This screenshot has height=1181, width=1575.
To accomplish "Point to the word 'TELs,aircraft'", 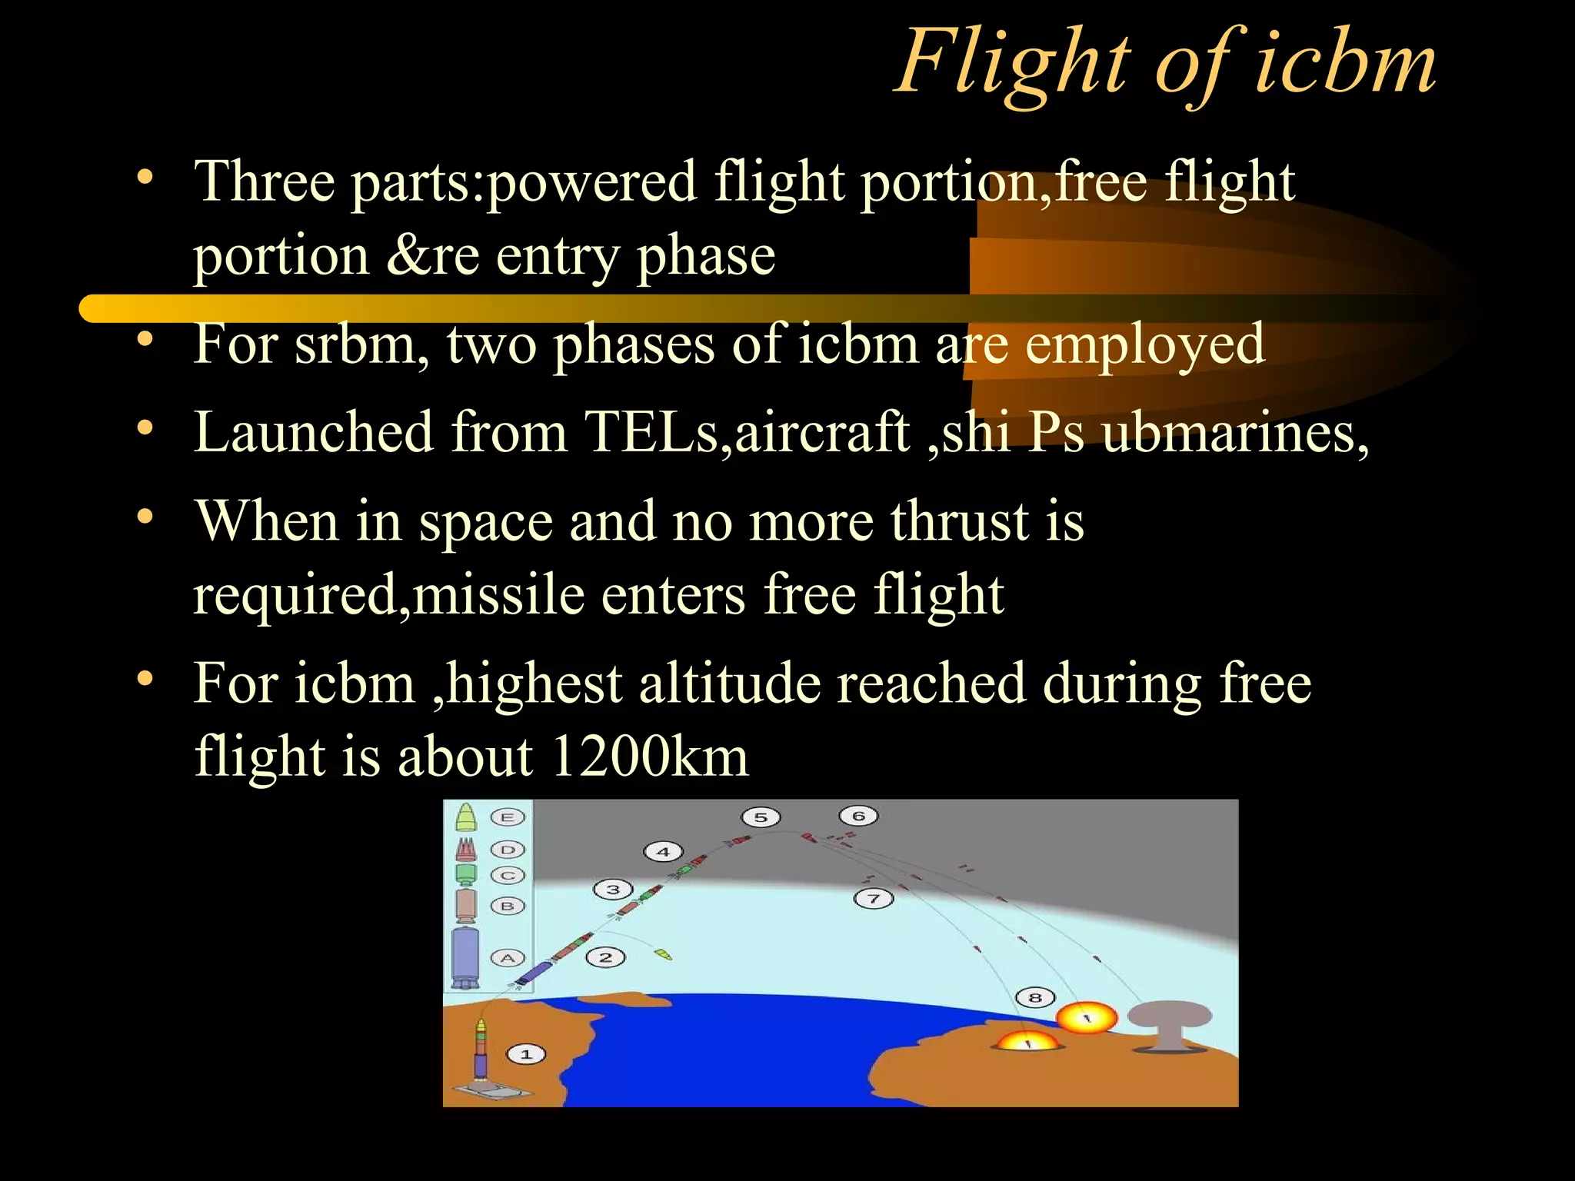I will point(746,433).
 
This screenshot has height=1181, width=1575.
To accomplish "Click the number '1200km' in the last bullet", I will point(649,757).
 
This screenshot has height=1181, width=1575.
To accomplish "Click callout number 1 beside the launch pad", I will point(526,1054).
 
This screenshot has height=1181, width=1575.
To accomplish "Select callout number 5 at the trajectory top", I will point(761,817).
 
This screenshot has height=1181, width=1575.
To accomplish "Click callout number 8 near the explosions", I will point(1035,998).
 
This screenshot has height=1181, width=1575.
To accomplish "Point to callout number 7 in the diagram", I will point(874,898).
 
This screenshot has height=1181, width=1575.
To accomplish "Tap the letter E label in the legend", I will point(508,817).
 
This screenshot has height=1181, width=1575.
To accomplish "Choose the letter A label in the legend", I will point(508,958).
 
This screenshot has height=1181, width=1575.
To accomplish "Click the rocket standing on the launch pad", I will point(481,1050).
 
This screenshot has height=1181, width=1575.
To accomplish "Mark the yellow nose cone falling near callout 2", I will point(663,955).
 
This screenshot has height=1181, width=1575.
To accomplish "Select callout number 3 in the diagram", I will point(613,890).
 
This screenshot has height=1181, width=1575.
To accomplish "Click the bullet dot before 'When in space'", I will point(145,517).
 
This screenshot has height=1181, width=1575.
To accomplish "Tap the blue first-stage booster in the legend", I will point(465,957).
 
